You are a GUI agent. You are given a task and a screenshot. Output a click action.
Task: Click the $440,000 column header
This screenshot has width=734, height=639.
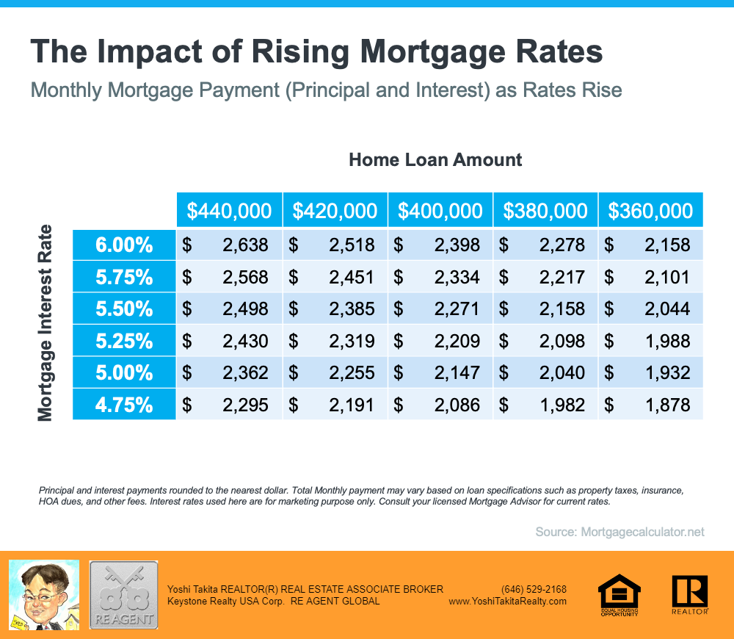pos(229,211)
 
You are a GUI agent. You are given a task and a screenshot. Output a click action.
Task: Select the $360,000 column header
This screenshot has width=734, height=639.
pos(650,211)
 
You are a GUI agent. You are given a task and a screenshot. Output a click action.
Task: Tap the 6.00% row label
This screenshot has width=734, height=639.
pos(124,245)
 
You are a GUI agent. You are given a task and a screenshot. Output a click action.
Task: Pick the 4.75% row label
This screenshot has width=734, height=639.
pos(124,404)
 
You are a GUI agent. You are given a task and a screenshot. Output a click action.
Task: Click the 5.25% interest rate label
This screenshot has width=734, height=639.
pos(124,341)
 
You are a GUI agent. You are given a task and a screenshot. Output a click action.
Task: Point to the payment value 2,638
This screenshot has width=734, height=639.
pos(245,245)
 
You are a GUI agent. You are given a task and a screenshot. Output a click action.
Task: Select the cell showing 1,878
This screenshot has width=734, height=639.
pos(667,404)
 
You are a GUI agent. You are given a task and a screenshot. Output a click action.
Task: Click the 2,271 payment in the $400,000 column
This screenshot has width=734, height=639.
pos(457,308)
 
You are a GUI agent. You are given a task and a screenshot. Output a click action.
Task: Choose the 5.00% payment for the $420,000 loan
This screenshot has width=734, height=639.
pos(352,372)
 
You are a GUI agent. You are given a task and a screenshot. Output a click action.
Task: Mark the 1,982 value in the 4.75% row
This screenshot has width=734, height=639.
pos(562,404)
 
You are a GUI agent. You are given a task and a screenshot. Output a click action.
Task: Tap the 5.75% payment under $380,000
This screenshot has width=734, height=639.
pos(562,277)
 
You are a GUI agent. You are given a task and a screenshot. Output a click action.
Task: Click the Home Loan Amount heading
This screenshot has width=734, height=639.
pos(435,159)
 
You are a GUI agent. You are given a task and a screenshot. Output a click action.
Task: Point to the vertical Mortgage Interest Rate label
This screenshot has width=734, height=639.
pos(46,323)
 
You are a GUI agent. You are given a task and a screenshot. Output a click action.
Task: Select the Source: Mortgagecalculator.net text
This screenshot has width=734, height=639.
pos(619,531)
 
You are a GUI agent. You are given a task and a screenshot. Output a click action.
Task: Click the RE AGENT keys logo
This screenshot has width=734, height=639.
pos(123,594)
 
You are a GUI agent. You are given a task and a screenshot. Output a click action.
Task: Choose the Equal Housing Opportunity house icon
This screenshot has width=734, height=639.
pos(619,593)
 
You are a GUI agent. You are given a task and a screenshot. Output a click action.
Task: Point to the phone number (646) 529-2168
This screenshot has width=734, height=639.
pos(534,589)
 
